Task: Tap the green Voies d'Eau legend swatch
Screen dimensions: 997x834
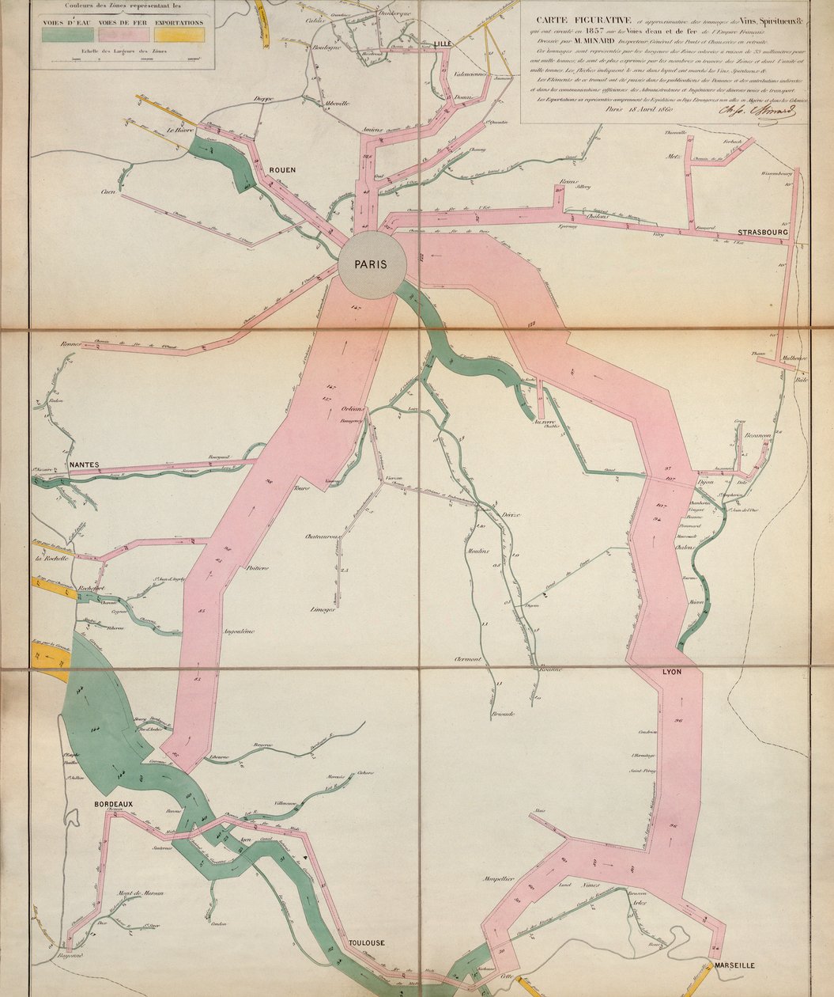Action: tap(64, 35)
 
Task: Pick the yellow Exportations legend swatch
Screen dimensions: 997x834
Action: tap(179, 35)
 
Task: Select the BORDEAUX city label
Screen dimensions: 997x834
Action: tap(114, 803)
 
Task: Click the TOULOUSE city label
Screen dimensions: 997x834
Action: tap(366, 942)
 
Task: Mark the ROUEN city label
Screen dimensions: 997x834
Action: tap(282, 170)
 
